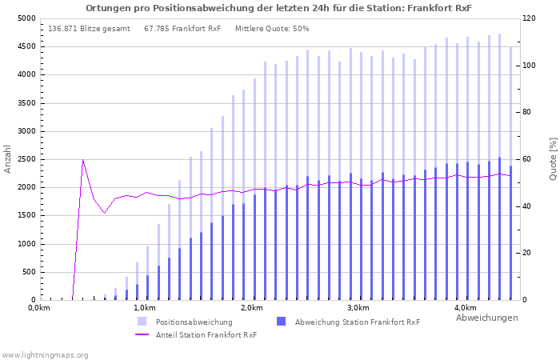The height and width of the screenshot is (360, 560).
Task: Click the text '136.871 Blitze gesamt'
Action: pyautogui.click(x=89, y=29)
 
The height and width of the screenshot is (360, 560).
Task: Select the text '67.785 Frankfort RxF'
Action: pyautogui.click(x=182, y=29)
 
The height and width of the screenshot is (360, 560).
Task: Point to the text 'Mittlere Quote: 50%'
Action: pyautogui.click(x=272, y=29)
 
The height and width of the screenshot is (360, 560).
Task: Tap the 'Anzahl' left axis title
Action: pyautogui.click(x=8, y=158)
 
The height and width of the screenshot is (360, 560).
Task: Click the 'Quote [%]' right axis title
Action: pyautogui.click(x=553, y=158)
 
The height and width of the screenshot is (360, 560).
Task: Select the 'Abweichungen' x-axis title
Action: pyautogui.click(x=486, y=318)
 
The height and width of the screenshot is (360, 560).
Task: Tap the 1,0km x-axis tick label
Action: pyautogui.click(x=144, y=308)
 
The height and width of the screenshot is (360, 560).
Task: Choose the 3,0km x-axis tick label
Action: pyautogui.click(x=358, y=308)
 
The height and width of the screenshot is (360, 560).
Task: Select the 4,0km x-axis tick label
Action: pyautogui.click(x=465, y=308)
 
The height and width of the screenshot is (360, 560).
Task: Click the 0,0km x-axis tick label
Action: pyautogui.click(x=39, y=308)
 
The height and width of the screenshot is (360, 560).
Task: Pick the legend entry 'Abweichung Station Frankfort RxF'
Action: pyautogui.click(x=357, y=322)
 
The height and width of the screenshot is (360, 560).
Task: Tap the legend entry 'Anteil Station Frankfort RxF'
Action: pyautogui.click(x=206, y=334)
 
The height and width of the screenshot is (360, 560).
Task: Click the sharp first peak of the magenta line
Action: pyautogui.click(x=82, y=160)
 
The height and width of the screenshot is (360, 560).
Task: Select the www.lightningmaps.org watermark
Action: pyautogui.click(x=45, y=354)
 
